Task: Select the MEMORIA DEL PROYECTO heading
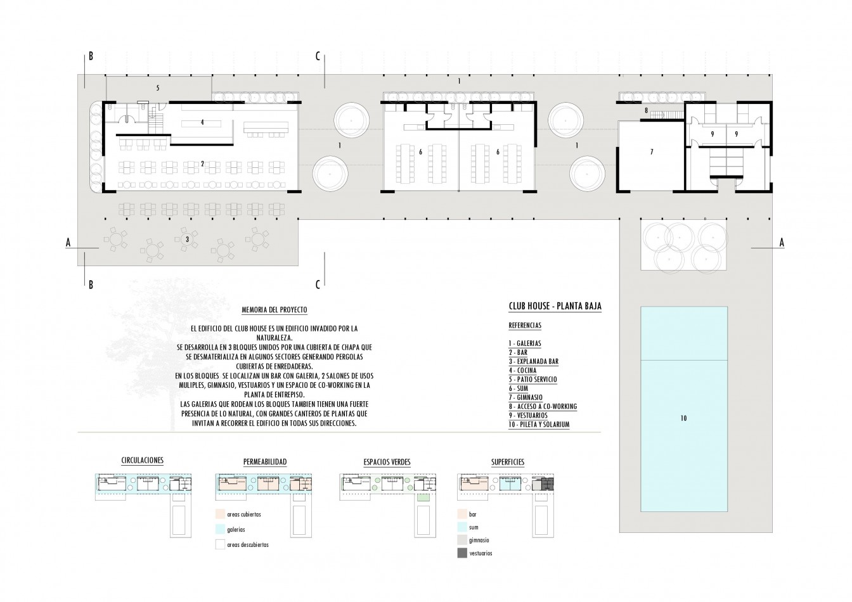[x=274, y=310]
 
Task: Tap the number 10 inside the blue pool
[x=683, y=418]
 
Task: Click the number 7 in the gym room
[x=651, y=152]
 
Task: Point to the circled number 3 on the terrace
[x=186, y=240]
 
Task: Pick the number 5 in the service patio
[x=158, y=86]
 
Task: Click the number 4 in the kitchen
[x=202, y=122]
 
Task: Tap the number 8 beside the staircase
[x=646, y=111]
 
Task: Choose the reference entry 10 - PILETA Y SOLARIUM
[x=539, y=424]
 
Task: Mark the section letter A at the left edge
[x=67, y=242]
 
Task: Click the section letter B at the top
[x=91, y=56]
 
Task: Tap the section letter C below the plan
[x=318, y=285]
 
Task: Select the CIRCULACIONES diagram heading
[x=142, y=461]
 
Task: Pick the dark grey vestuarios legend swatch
[x=461, y=553]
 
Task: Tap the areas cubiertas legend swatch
[x=220, y=515]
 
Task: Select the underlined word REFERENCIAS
[x=525, y=326]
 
